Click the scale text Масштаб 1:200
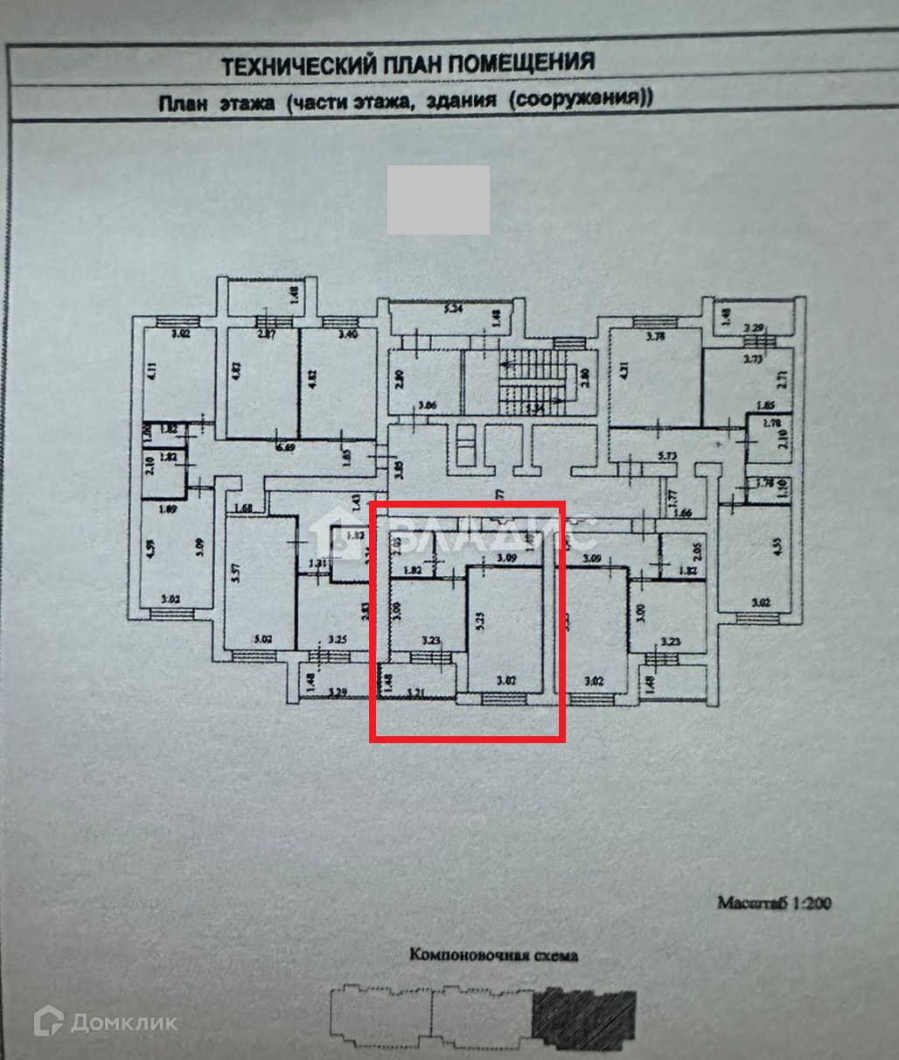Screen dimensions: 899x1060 point(774,902)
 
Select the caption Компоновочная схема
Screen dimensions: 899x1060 point(493,955)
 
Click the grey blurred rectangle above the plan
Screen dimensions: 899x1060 point(438,199)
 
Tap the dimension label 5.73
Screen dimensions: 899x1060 point(668,455)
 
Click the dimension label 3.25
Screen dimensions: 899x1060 point(336,640)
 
